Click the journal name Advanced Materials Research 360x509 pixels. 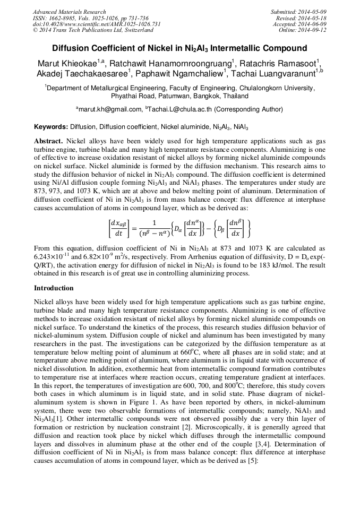[x=69, y=12]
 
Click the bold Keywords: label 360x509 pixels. [x=51, y=127]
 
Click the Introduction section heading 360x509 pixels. [x=54, y=288]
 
